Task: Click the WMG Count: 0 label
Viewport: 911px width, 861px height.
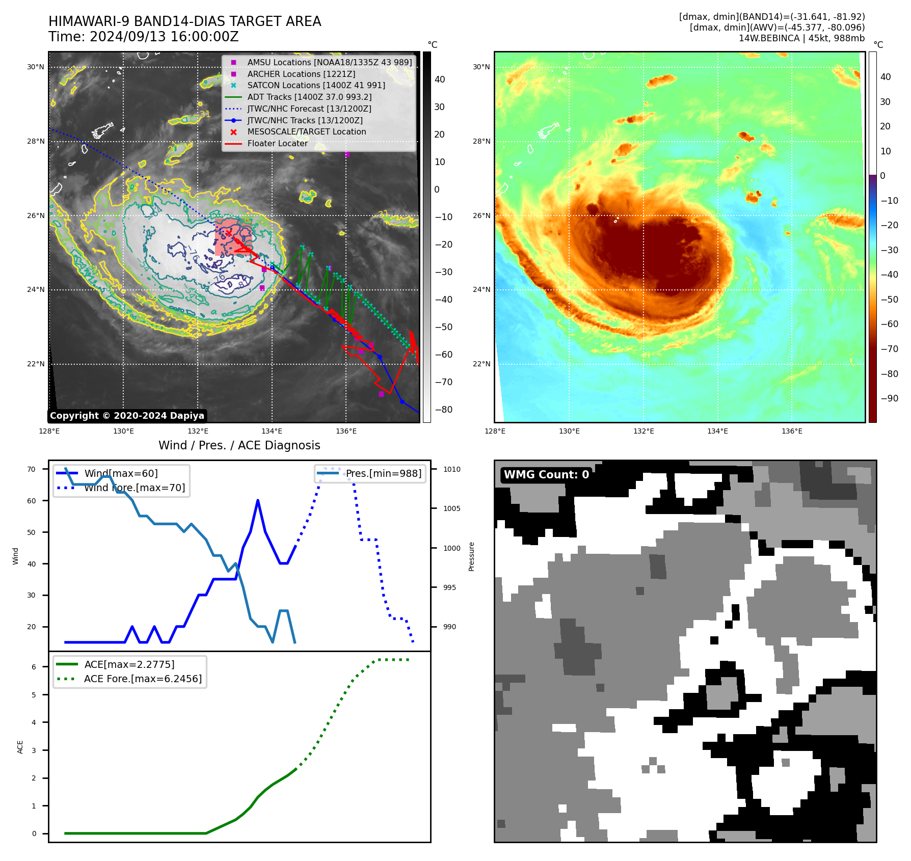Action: (x=546, y=475)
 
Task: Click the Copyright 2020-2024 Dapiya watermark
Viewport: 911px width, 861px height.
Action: (x=127, y=416)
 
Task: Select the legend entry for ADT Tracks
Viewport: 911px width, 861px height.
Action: (x=309, y=97)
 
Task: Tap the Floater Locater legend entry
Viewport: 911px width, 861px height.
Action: (x=277, y=144)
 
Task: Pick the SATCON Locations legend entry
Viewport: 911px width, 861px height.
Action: (x=316, y=86)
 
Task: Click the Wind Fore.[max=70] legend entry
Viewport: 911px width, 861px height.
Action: (x=135, y=488)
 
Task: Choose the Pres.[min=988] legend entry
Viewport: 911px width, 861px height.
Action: (x=383, y=473)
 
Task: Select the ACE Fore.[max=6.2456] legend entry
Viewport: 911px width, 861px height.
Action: (x=143, y=679)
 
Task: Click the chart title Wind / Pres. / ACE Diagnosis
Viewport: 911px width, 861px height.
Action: (x=239, y=445)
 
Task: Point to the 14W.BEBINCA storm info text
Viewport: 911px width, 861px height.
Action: (x=801, y=38)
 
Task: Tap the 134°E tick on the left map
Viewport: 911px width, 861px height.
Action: (x=272, y=432)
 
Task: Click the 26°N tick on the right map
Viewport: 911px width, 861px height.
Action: (x=481, y=216)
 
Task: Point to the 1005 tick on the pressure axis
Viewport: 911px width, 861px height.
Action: (x=451, y=508)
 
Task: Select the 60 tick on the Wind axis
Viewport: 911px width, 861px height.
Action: (x=32, y=501)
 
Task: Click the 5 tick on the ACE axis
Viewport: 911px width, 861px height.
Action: (x=34, y=695)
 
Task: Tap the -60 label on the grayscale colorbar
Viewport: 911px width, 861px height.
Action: (x=443, y=355)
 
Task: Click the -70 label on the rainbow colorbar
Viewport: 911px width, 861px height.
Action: (x=889, y=349)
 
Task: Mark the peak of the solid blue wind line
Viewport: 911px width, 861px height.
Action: (x=258, y=500)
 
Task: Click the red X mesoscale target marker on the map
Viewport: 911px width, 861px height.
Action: (x=229, y=233)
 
